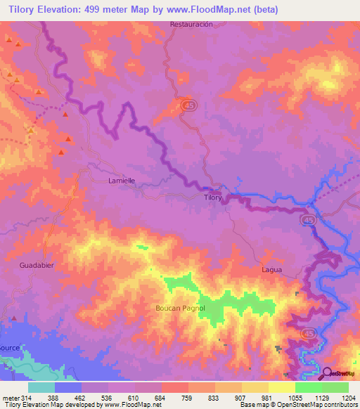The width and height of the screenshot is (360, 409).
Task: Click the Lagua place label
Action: [271, 269]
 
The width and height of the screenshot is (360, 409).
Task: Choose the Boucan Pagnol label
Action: [180, 308]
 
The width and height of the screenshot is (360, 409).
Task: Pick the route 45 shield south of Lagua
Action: [309, 332]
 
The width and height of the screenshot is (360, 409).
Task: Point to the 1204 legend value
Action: [349, 397]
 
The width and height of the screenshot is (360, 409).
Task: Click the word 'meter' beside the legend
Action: [10, 397]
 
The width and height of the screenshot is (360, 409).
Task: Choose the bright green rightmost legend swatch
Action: [335, 387]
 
